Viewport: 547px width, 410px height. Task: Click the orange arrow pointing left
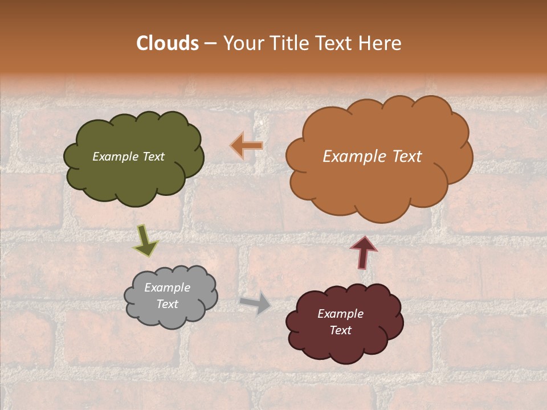pos(247,146)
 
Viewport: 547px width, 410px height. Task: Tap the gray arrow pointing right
pos(255,304)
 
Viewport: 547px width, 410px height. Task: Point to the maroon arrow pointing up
pos(364,252)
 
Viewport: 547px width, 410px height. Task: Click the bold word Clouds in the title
pos(168,43)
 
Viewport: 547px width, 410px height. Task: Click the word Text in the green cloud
pos(153,157)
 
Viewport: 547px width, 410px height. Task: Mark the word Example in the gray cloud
pos(167,288)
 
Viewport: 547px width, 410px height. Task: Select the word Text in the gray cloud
pos(167,304)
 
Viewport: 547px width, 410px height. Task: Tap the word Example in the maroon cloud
pos(340,314)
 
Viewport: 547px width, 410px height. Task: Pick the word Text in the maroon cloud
pos(340,330)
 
